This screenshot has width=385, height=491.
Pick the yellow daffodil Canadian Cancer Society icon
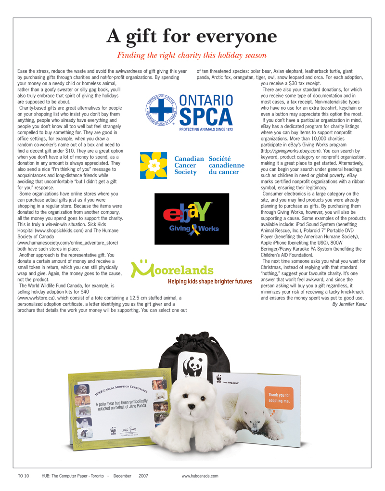click(x=153, y=165)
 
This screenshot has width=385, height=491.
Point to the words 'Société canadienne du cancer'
click(x=227, y=165)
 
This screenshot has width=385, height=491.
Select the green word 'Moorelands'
click(x=171, y=270)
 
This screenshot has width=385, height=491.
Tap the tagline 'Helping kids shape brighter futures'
click(x=210, y=281)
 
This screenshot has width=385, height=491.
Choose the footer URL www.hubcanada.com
click(x=200, y=476)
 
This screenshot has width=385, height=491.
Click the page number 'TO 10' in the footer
click(x=24, y=476)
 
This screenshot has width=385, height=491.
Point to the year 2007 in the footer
click(x=143, y=476)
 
